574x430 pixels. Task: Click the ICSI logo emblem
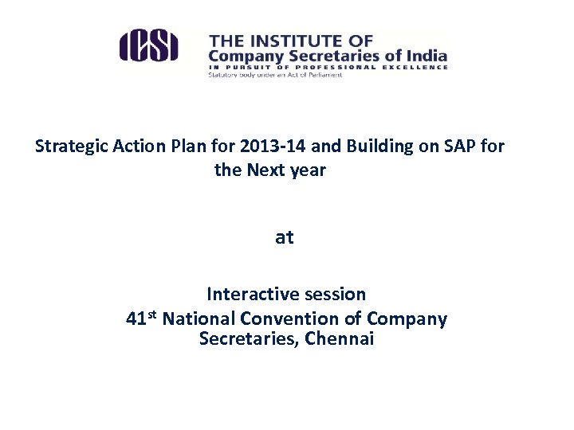click(x=148, y=45)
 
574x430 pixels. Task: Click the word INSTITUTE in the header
click(x=299, y=40)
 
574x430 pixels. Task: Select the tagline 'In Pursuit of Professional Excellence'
click(x=328, y=68)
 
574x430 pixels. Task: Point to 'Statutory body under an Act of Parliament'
click(x=275, y=76)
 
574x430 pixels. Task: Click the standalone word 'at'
click(x=284, y=237)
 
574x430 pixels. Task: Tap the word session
click(x=335, y=294)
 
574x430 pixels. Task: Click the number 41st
click(x=143, y=319)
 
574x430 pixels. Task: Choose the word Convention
click(x=302, y=319)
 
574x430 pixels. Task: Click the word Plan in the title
click(x=183, y=147)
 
